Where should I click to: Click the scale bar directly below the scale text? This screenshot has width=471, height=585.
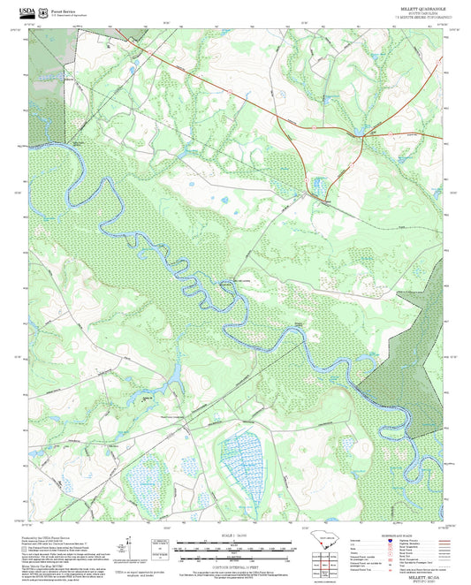click(x=232, y=544)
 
